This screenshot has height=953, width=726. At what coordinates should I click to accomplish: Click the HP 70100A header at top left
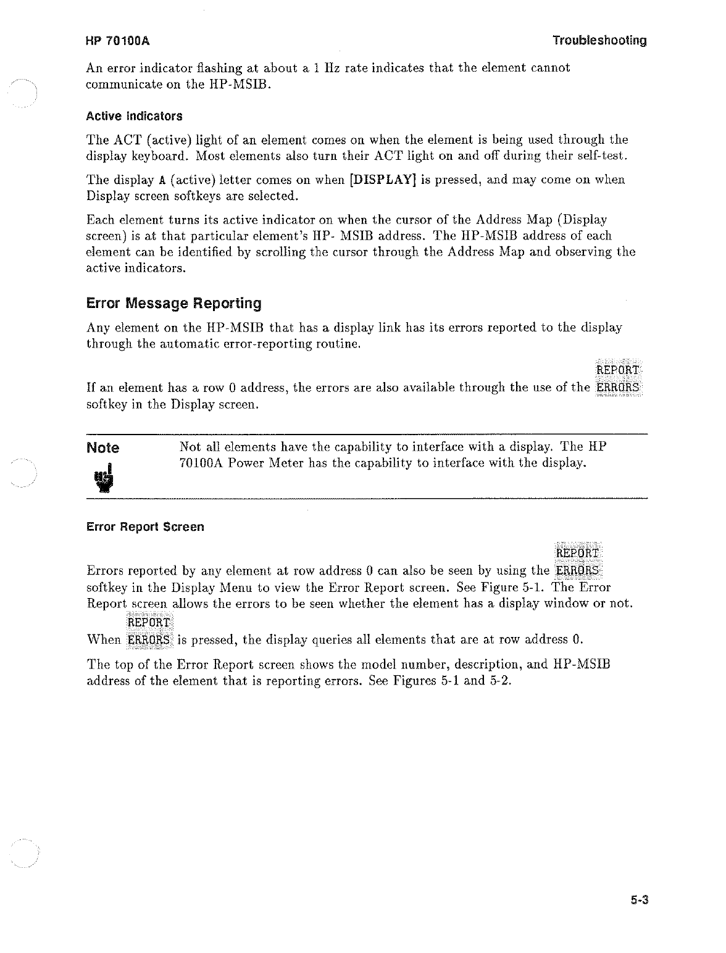pos(119,41)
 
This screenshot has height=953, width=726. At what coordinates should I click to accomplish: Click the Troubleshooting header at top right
pos(599,41)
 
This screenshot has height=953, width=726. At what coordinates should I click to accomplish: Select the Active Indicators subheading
pos(135,116)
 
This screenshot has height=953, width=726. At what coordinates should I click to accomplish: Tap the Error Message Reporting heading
pos(174,304)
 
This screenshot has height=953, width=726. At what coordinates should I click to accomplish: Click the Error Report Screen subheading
pos(145,527)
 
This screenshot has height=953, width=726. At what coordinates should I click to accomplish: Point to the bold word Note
pos(103,447)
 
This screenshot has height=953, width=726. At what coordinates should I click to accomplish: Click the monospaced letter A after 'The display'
pos(162,180)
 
